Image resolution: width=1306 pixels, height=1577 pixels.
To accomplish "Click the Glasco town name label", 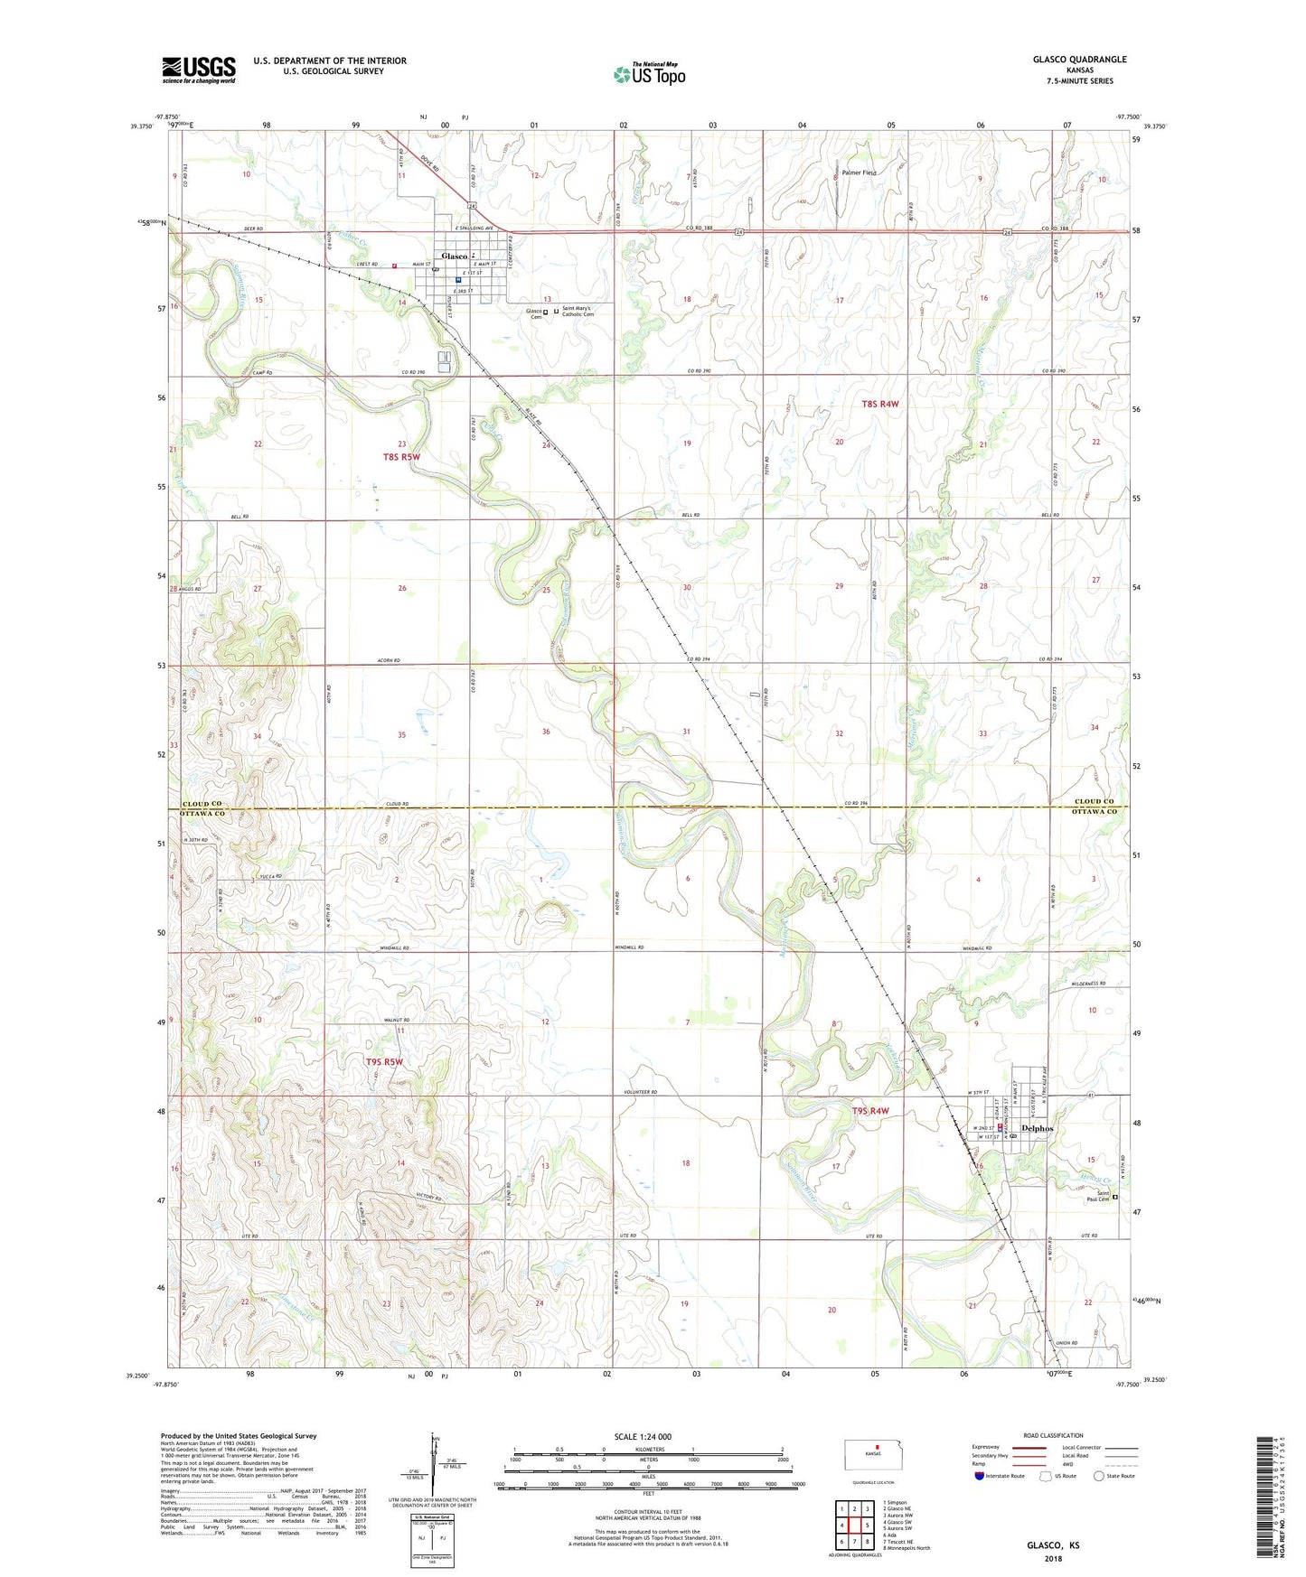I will pos(454,257).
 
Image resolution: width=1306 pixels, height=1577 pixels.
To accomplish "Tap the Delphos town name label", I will pos(1037,1128).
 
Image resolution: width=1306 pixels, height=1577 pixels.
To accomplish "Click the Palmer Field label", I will pos(859,173).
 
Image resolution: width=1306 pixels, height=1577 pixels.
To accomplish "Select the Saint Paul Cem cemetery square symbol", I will pos(1114,1198).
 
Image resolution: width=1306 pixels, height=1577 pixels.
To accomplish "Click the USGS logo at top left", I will pos(199,70).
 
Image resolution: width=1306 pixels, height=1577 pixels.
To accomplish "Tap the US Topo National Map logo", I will pos(649,74).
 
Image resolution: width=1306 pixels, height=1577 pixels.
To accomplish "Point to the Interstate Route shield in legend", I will pos(980,1477).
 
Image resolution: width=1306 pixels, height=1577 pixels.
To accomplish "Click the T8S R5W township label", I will pos(401,457).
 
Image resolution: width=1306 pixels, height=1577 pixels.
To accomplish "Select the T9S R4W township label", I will pos(870,1111).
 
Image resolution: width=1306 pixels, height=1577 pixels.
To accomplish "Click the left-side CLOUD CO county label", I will pos(202,803).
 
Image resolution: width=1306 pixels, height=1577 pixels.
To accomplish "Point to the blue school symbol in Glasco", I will pos(459,280).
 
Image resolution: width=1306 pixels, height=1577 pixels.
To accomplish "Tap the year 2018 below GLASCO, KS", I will pos(1053,1559).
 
